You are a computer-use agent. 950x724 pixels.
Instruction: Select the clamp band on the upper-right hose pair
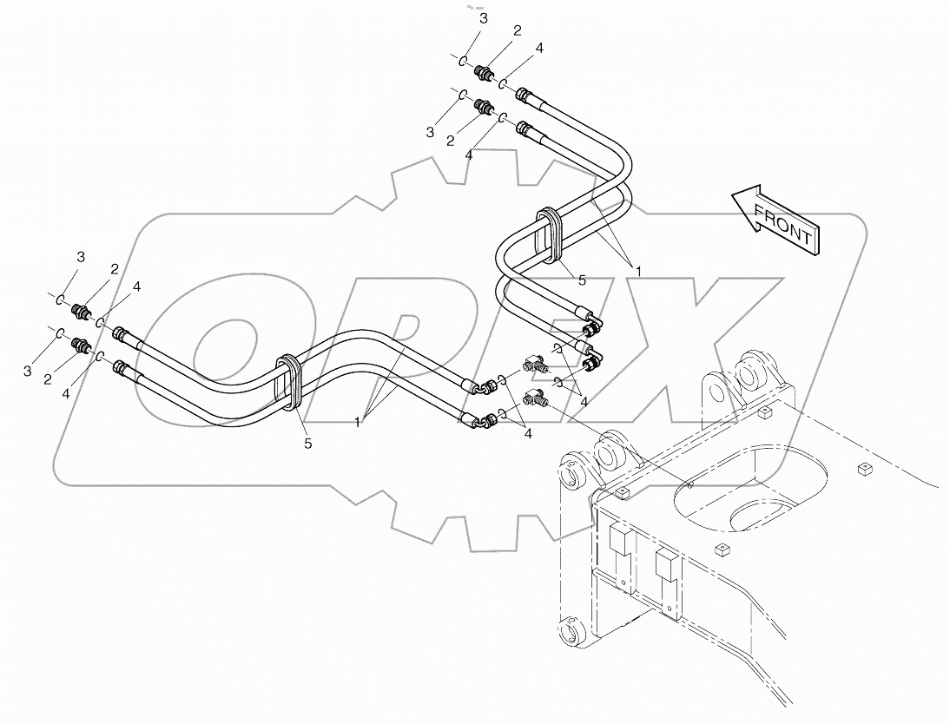tap(550, 234)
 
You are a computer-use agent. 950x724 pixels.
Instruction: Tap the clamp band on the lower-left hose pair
tap(288, 383)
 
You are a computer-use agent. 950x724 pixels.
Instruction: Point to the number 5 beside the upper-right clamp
tap(583, 280)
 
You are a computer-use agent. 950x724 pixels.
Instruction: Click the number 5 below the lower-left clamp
tap(308, 443)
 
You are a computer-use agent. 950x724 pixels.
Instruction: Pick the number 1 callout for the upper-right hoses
tap(639, 271)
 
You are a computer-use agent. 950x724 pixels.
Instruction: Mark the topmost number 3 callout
tap(485, 18)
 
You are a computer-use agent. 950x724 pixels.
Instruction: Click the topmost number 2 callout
tap(517, 30)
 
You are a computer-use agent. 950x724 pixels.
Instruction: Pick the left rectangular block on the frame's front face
tap(620, 543)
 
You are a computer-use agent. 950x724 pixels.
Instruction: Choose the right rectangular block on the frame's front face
tap(668, 564)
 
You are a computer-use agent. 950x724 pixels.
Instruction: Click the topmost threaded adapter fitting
tap(484, 72)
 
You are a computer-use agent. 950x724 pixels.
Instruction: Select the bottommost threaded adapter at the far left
tap(81, 346)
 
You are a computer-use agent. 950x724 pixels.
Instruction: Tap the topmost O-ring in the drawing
tap(464, 60)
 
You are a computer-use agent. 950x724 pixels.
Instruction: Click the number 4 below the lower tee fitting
tap(527, 436)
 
